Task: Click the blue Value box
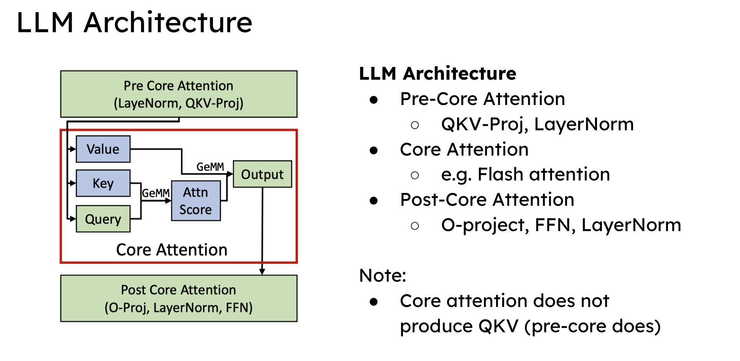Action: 103,149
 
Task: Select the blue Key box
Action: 103,183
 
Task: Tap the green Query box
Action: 103,219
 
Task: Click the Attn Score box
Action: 196,201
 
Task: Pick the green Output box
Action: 262,174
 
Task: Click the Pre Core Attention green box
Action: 179,94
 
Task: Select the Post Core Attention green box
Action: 179,298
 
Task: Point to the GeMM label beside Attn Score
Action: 156,193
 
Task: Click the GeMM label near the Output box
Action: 210,167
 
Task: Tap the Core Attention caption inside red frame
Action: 172,249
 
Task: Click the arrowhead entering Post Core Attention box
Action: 262,272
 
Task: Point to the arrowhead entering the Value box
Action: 73,149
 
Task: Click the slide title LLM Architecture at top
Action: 134,22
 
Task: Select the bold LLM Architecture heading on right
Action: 437,73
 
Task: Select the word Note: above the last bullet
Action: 382,275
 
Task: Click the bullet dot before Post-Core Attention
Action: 374,200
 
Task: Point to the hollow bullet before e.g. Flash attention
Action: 414,176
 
